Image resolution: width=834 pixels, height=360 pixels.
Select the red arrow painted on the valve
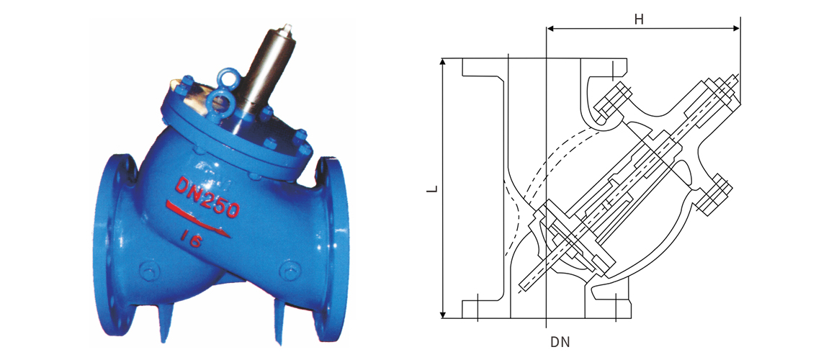tap(198, 219)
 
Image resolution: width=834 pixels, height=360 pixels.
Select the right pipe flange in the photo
tap(331, 249)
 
